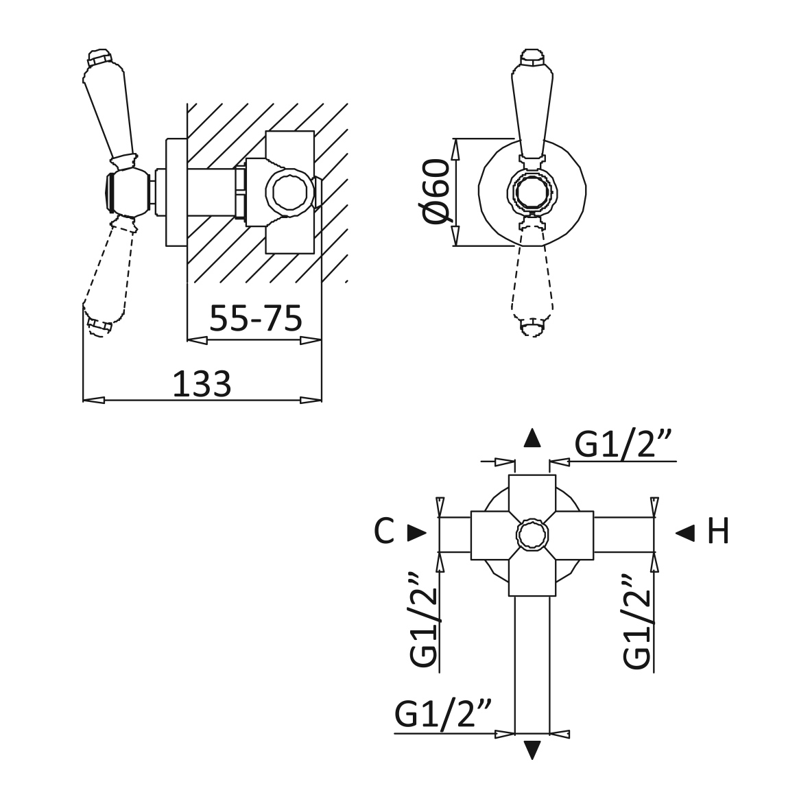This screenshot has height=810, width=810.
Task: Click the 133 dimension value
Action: click(x=202, y=384)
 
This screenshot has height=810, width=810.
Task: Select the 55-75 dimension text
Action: click(x=255, y=318)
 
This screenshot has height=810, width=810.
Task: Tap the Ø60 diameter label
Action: click(x=436, y=191)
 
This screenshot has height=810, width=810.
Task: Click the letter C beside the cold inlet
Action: click(x=384, y=531)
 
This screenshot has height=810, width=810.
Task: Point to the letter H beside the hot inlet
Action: click(x=717, y=531)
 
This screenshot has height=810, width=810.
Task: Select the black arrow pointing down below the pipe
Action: click(x=532, y=750)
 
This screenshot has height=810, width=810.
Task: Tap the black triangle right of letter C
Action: click(x=417, y=533)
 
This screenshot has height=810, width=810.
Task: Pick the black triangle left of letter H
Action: click(x=685, y=533)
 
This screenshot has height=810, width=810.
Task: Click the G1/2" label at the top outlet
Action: click(x=623, y=444)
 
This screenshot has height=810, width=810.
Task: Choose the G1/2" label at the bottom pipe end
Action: click(x=443, y=713)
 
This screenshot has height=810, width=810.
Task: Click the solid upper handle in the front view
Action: click(x=532, y=104)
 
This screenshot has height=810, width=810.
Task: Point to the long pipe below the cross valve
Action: click(x=532, y=665)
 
